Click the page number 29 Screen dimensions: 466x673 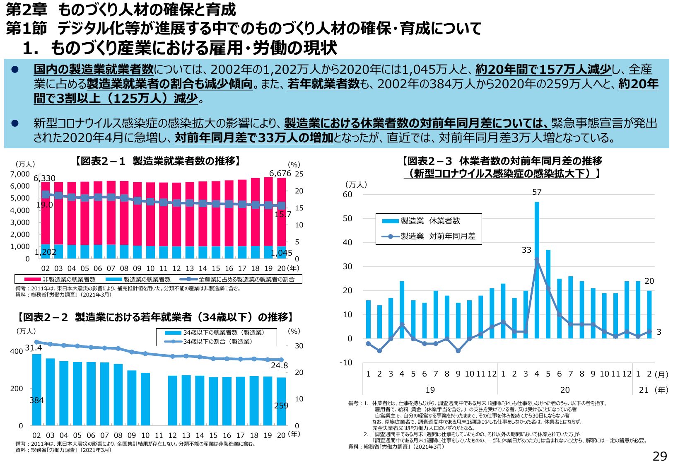pyautogui.click(x=660, y=456)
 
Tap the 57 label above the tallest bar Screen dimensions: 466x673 pyautogui.click(x=537, y=192)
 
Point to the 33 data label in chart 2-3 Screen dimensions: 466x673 pyautogui.click(x=526, y=250)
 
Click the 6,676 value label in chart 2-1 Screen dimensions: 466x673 pyautogui.click(x=280, y=173)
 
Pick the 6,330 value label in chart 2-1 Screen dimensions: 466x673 pyautogui.click(x=45, y=179)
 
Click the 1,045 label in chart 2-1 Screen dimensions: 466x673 pyautogui.click(x=282, y=253)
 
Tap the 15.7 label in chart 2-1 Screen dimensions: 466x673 pyautogui.click(x=283, y=214)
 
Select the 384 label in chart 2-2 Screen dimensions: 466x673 pyautogui.click(x=36, y=400)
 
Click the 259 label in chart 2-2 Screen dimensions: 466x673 pyautogui.click(x=281, y=406)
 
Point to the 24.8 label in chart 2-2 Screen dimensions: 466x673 pyautogui.click(x=279, y=365)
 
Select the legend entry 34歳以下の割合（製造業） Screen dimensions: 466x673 pyautogui.click(x=217, y=342)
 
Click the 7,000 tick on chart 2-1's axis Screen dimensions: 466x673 pyautogui.click(x=20, y=174)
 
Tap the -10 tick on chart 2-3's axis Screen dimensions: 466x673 pyautogui.click(x=346, y=362)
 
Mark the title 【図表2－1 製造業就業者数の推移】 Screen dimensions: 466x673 pyautogui.click(x=158, y=161)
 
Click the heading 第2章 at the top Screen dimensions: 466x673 pyautogui.click(x=26, y=10)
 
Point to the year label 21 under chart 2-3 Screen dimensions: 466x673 pyautogui.click(x=644, y=390)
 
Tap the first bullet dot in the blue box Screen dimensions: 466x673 pyautogui.click(x=15, y=70)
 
